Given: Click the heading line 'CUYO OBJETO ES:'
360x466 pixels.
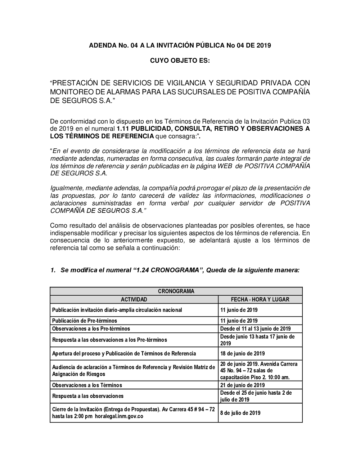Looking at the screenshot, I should coord(180,61).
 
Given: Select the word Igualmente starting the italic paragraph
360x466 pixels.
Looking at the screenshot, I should coord(67,188).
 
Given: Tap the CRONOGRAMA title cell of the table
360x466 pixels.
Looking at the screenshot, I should coord(176,291).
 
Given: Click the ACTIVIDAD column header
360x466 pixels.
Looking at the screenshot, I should coord(134,299).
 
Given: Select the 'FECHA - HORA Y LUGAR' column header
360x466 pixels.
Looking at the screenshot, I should coord(260,299).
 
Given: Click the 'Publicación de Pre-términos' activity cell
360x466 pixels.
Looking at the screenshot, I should coord(85,321).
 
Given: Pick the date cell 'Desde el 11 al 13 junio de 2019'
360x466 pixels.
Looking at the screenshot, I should coord(255,328).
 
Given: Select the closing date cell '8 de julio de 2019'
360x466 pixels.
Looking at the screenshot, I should coord(240,413).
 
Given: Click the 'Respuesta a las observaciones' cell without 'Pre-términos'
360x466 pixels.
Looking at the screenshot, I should coord(88,396).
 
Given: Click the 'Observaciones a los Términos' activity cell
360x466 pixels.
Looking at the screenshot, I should coord(87,385).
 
